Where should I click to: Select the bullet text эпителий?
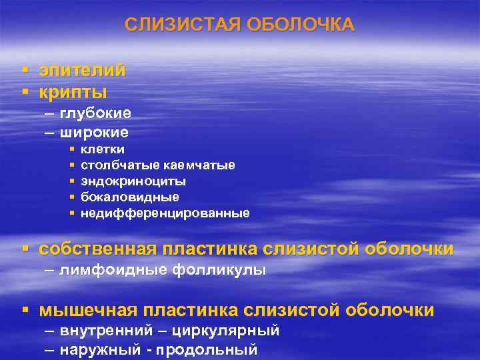point(82,70)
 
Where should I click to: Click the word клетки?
point(102,149)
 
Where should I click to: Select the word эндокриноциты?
point(133,181)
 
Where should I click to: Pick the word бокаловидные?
point(129,197)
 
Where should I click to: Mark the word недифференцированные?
point(165,213)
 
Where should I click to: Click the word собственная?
point(97,249)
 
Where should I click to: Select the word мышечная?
point(87,310)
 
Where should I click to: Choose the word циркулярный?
point(225,331)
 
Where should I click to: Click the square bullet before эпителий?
point(24,70)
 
